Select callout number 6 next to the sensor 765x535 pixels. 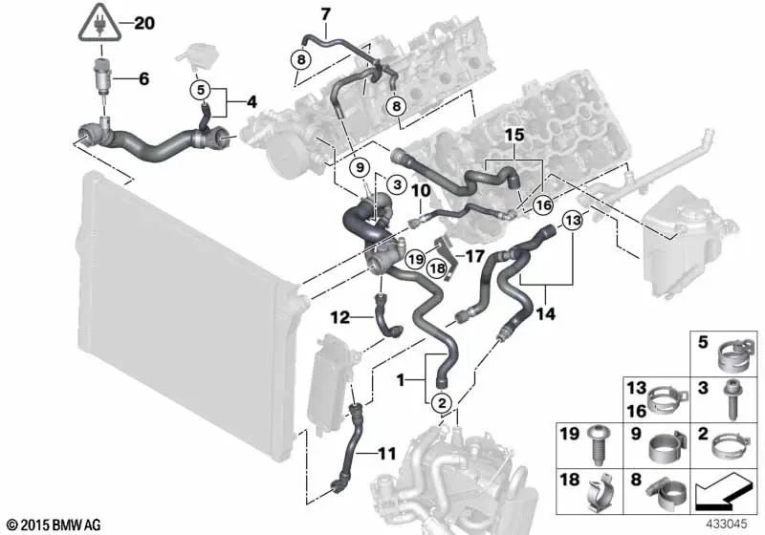(x=143, y=79)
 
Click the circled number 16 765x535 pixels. (x=543, y=203)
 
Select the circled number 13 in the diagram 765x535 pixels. (x=572, y=220)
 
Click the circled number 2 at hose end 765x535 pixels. (x=443, y=404)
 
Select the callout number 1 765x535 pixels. (x=401, y=379)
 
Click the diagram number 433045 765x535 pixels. (x=728, y=524)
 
